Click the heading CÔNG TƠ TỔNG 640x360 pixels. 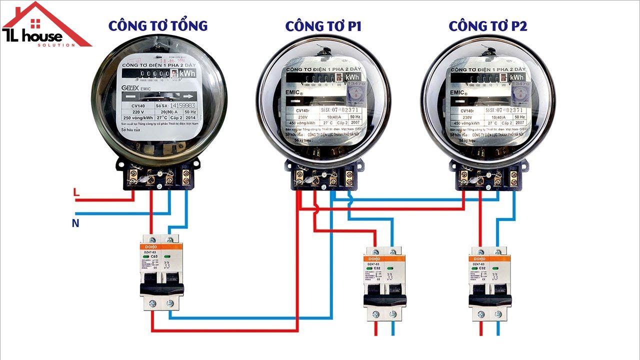point(158,26)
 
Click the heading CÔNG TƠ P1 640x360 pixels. point(323,26)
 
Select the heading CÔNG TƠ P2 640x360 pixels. point(487,26)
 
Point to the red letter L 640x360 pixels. point(76,192)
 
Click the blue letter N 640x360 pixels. point(75,223)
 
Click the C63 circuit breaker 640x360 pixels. point(161,273)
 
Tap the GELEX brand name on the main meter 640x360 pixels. point(131,88)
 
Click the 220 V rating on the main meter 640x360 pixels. point(138,112)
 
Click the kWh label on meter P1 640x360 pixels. point(352,77)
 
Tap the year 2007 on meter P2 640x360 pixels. point(520,122)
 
